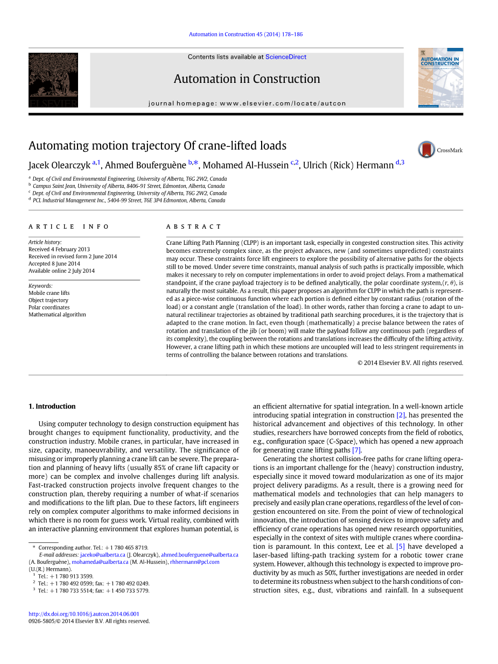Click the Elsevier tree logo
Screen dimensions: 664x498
click(53, 80)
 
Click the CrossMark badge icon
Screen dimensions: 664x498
click(426, 150)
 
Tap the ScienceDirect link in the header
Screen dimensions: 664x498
click(285, 57)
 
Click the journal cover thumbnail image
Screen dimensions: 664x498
click(440, 77)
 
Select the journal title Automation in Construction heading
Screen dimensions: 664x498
click(247, 79)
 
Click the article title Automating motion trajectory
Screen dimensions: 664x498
click(157, 146)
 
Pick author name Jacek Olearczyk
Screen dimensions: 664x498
click(59, 165)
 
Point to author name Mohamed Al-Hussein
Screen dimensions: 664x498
click(245, 165)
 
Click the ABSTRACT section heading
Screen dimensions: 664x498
click(194, 227)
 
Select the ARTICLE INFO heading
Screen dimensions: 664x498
click(69, 227)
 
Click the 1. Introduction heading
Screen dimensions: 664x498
click(52, 406)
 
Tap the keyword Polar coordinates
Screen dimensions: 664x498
click(49, 307)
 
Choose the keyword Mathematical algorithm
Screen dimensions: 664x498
click(57, 314)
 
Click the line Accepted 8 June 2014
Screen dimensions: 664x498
click(54, 264)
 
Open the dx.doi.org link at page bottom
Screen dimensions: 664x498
click(83, 613)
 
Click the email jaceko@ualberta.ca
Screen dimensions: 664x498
click(102, 555)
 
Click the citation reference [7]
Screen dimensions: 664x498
click(356, 450)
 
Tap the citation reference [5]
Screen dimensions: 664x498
click(400, 546)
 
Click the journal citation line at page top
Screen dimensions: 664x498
click(246, 34)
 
